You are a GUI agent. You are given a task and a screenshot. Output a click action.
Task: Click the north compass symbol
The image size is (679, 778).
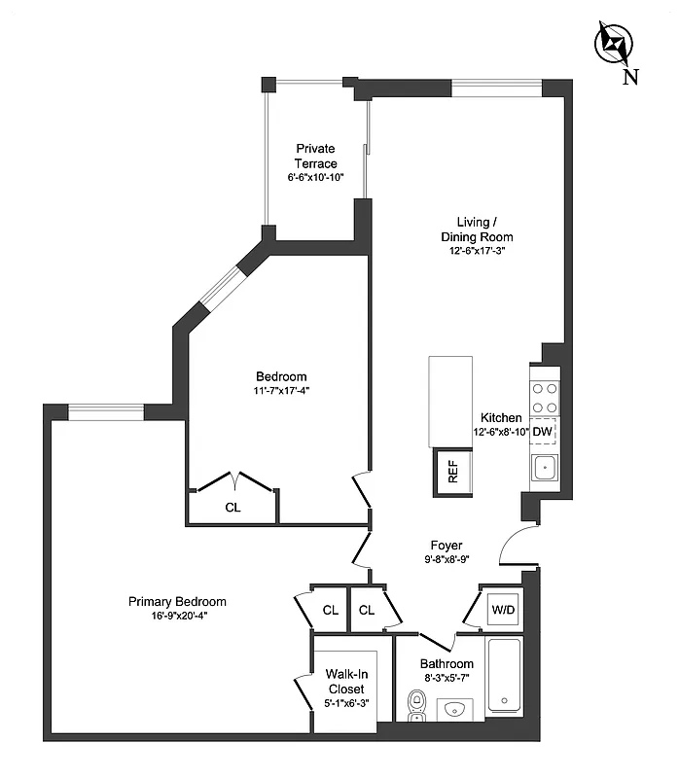[x=614, y=44]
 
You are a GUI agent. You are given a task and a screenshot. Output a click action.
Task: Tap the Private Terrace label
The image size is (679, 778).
[x=315, y=157]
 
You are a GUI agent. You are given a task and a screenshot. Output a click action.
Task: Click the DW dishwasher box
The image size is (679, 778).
[x=543, y=432]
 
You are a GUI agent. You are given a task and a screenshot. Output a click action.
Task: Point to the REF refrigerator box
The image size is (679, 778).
[x=452, y=474]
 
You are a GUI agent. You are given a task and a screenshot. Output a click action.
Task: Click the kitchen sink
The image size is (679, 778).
[x=544, y=469]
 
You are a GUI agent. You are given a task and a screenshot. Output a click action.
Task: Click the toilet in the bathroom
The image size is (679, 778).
[x=418, y=704]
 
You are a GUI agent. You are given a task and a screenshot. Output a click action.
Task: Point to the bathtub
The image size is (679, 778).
[x=504, y=677]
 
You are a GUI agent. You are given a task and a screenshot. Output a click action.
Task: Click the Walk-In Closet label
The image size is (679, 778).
[x=344, y=682]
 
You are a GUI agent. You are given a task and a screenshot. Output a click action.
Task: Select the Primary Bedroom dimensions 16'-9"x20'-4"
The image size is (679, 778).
[x=177, y=617]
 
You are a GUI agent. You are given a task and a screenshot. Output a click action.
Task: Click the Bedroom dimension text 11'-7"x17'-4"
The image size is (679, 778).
[x=281, y=391]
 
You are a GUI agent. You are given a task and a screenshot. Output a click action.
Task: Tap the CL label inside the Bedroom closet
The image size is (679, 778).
[x=232, y=507]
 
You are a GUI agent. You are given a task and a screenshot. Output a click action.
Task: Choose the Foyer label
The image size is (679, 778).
[x=447, y=546]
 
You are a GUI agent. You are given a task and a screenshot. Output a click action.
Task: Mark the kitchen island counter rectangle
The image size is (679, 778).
[x=450, y=400]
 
